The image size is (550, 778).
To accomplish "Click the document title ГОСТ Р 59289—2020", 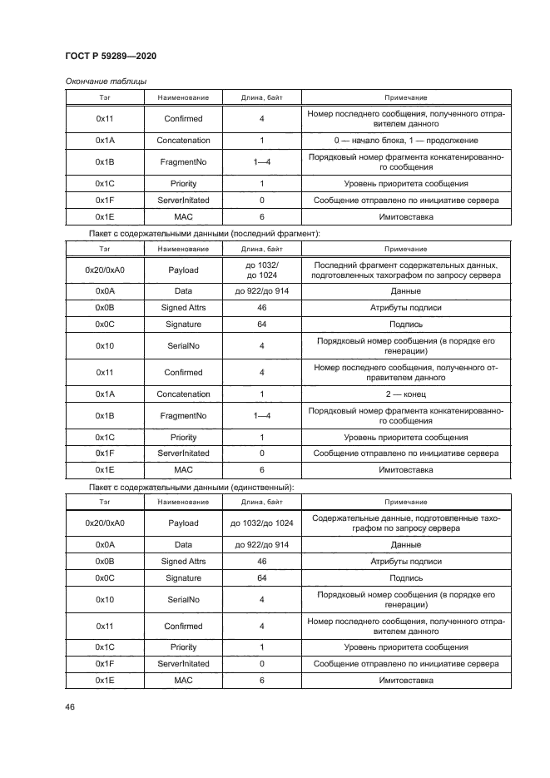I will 111,56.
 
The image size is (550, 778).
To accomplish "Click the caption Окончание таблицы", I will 106,82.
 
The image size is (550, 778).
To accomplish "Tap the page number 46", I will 71,706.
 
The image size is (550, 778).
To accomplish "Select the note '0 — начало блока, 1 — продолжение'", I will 406,141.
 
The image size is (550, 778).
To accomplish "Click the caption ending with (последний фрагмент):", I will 204,235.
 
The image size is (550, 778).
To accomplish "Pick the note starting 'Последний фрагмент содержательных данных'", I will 406,270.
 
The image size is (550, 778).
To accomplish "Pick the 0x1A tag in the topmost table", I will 105,141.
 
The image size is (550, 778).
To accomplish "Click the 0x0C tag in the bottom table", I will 105,577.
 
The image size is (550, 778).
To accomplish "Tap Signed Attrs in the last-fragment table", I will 183,308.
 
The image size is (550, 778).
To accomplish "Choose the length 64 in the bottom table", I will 261,577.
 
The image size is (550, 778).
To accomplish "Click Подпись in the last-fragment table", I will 406,325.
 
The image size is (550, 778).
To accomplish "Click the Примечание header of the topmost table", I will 406,97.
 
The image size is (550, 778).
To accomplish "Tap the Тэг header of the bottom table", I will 105,502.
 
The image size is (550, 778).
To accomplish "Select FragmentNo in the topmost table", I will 183,162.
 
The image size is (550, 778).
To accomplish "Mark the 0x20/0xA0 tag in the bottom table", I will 105,523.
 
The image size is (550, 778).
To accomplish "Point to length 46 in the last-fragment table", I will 261,308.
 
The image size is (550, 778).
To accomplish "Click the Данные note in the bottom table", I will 406,545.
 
